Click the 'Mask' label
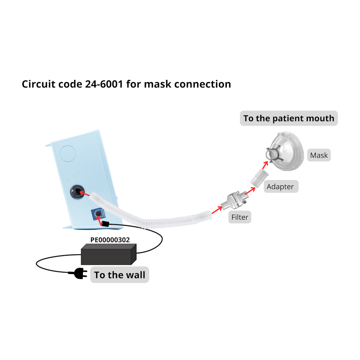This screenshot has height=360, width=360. click(319, 156)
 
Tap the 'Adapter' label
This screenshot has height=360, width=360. click(280, 186)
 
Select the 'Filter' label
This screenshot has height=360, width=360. click(240, 217)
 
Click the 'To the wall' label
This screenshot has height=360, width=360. click(120, 275)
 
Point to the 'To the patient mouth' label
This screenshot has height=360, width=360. click(289, 118)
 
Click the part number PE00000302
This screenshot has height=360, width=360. click(110, 240)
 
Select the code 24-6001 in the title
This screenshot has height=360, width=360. click(104, 84)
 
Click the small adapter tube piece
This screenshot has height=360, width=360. click(259, 179)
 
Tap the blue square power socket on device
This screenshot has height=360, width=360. click(98, 215)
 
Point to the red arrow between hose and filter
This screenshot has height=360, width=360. click(217, 210)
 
